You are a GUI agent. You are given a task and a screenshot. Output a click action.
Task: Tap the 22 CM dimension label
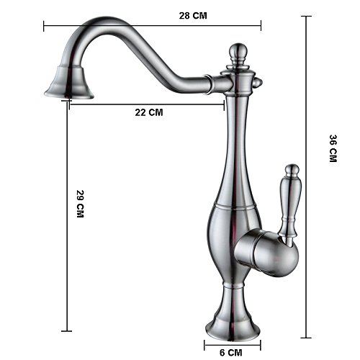coord(148,112)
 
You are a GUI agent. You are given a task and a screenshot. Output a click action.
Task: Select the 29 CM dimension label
coord(80,205)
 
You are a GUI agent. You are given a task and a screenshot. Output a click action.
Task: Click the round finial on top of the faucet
coord(238,53)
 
